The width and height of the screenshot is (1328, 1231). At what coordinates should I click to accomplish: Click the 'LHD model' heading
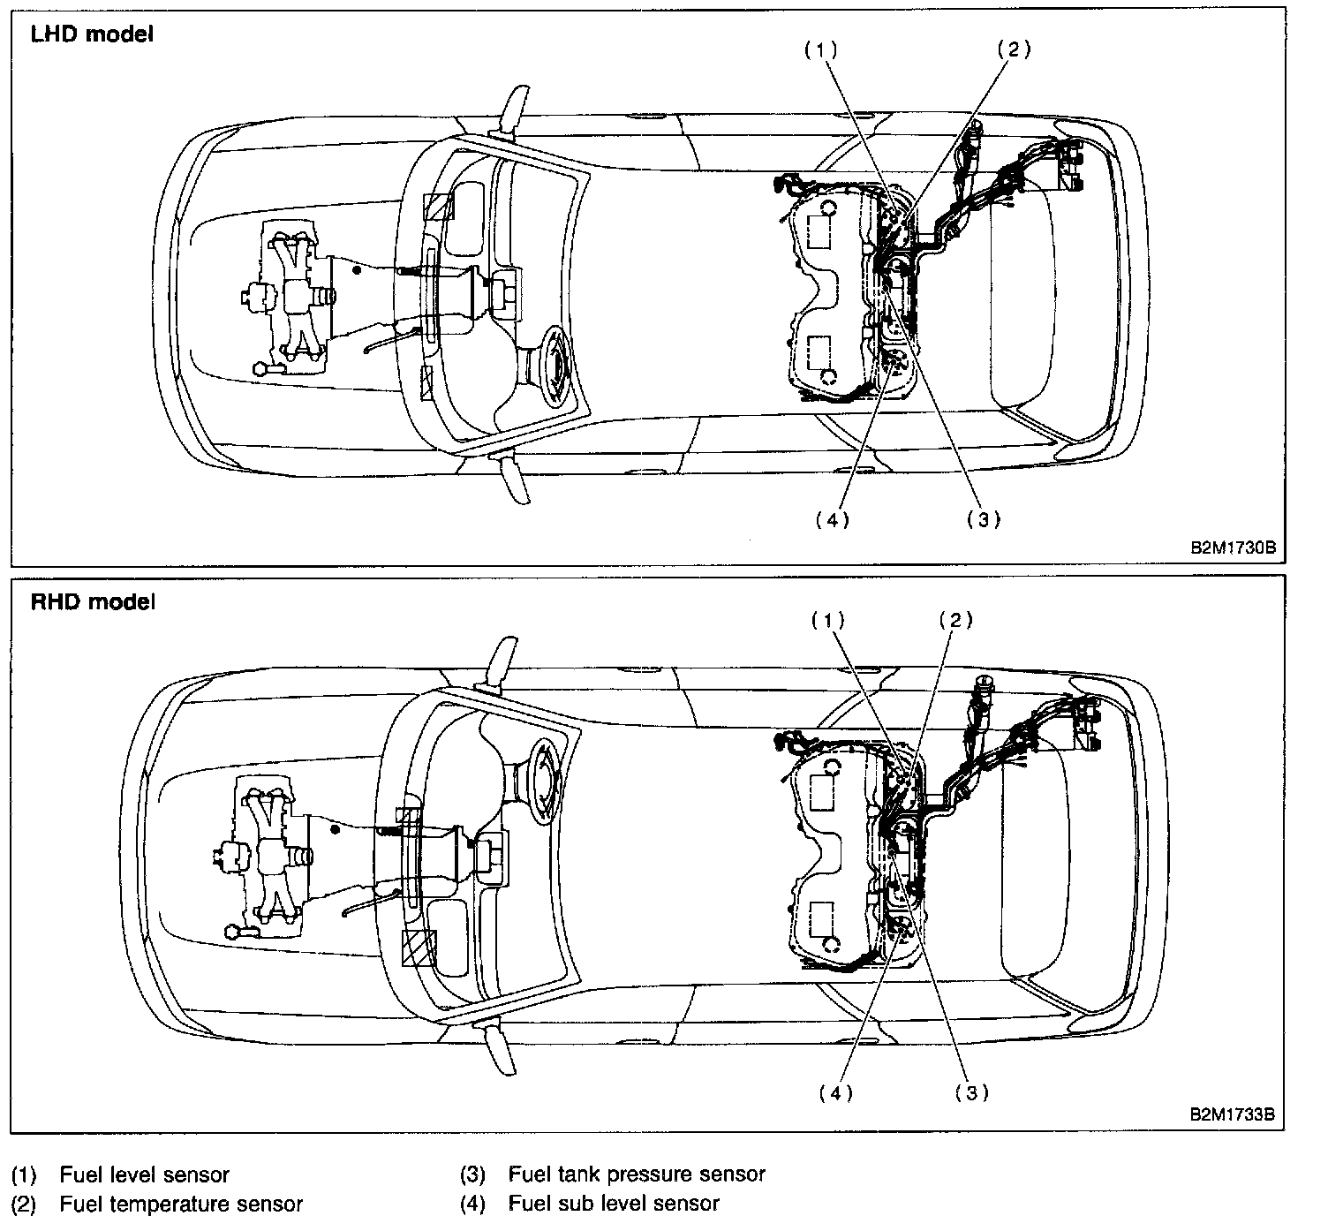[92, 34]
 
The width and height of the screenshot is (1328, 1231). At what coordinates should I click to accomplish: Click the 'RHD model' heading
[93, 602]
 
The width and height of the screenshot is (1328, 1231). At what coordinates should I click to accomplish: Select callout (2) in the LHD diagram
[1014, 50]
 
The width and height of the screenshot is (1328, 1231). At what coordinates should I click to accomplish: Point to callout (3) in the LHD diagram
[983, 520]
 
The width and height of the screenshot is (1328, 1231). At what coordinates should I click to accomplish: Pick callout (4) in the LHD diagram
[832, 520]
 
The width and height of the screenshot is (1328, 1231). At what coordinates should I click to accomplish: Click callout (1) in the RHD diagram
[828, 621]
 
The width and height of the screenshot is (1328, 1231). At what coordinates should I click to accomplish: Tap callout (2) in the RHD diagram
[955, 621]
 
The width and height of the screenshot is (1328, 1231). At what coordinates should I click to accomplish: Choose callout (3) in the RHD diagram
[971, 1093]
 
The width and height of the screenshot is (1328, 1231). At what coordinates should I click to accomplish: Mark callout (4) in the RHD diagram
[835, 1093]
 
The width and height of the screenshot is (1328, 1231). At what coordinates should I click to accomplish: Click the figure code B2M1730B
[1233, 548]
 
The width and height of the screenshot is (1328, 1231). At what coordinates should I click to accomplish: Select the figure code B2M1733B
[1233, 1114]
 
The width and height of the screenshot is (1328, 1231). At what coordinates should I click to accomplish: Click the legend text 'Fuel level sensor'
[144, 1175]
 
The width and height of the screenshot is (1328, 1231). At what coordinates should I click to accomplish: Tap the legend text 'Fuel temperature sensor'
[181, 1204]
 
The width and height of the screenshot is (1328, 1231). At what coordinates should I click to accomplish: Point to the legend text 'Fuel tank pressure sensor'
[637, 1175]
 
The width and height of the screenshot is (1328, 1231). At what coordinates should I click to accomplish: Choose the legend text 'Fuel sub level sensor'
[614, 1204]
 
